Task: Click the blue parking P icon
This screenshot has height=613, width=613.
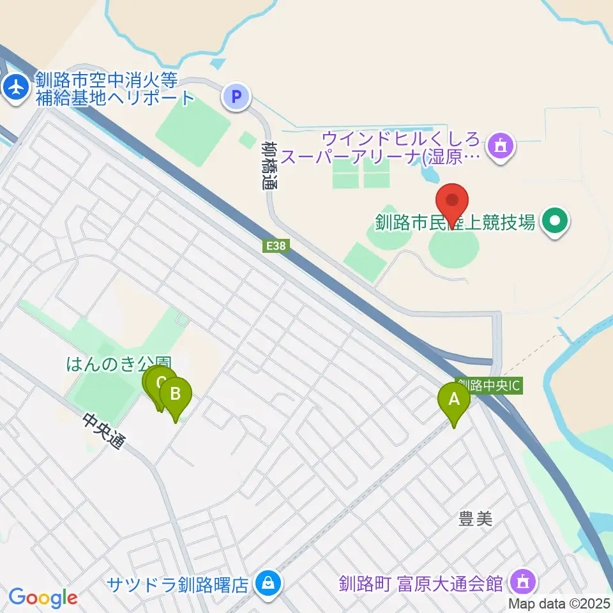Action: (x=236, y=97)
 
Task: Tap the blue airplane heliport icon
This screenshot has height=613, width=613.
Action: (x=15, y=88)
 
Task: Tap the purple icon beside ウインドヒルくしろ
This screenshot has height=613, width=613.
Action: (x=501, y=146)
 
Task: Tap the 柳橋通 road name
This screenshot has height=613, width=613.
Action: (x=270, y=165)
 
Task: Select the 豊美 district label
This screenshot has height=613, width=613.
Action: (x=476, y=520)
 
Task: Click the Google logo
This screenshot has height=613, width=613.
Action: (x=43, y=598)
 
